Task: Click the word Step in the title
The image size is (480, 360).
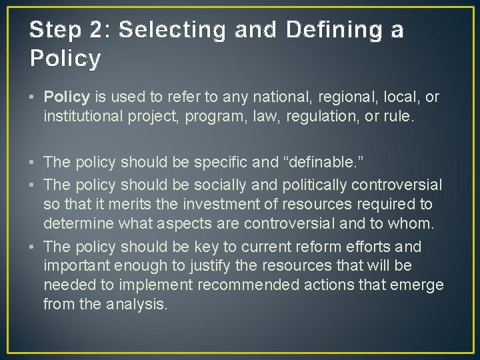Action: click(54, 30)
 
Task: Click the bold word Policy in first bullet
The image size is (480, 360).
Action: click(67, 97)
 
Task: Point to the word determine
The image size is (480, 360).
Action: click(75, 223)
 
